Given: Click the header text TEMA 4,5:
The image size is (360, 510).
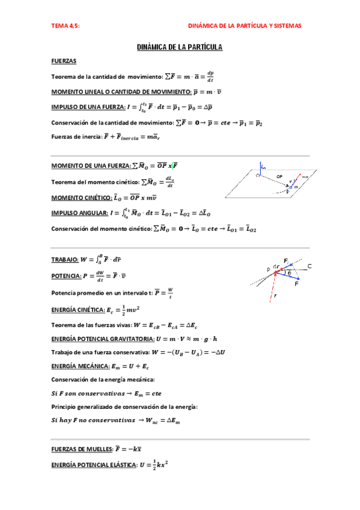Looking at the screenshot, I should click(x=66, y=26).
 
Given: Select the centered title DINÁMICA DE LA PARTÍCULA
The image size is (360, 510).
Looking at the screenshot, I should click(x=180, y=47).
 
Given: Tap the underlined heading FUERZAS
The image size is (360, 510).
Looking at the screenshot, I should click(x=64, y=61).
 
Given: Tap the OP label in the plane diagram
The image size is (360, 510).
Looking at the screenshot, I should click(x=279, y=176).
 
